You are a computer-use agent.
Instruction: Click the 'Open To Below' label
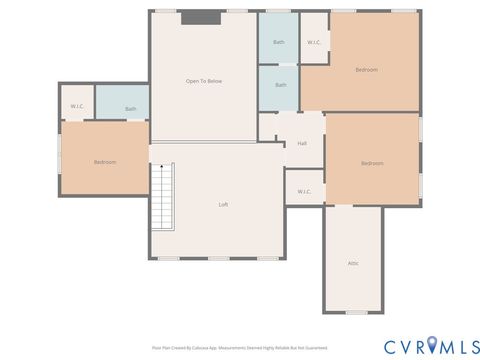[202, 80]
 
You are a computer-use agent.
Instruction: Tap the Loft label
[224, 204]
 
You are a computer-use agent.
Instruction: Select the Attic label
[353, 263]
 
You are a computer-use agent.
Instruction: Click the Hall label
[302, 143]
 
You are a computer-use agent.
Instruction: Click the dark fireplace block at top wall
[201, 17]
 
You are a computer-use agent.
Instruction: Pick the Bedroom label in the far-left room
[106, 161]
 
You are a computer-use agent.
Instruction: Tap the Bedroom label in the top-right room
[366, 69]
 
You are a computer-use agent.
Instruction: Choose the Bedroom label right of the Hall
[372, 163]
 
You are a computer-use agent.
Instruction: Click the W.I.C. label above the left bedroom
[77, 106]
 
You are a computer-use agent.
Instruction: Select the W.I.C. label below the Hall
[304, 190]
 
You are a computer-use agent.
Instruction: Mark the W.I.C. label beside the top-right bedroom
[313, 42]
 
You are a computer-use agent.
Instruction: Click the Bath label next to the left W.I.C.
[130, 108]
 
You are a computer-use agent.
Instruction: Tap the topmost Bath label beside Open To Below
[279, 42]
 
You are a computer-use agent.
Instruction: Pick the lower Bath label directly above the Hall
[280, 85]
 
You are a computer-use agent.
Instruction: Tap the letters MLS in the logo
[455, 346]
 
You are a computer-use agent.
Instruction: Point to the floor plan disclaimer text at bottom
[239, 348]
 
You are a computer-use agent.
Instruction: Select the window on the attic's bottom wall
[354, 313]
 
